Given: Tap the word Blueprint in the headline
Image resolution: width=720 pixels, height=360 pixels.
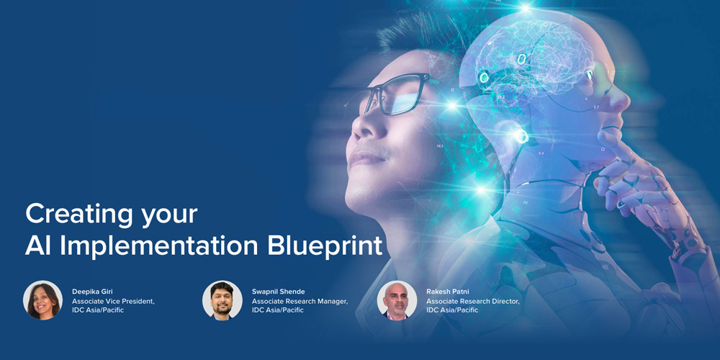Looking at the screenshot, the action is [x=325, y=246].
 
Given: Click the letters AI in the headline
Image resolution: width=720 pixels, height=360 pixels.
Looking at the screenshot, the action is [x=38, y=246].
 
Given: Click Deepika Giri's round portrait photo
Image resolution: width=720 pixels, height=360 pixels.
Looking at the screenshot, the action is [x=42, y=300].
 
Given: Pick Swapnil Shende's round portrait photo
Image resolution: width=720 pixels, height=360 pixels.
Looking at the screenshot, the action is [x=222, y=300].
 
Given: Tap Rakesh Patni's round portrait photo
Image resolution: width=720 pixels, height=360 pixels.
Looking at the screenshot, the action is [x=397, y=300].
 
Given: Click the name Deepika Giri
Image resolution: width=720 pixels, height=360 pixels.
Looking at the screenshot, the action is [x=92, y=292].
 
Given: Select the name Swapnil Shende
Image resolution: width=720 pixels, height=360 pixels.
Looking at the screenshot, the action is [x=278, y=292].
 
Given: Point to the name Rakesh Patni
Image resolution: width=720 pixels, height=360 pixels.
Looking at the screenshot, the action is [x=447, y=292].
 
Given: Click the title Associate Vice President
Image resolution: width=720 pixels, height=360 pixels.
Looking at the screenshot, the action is [x=114, y=301].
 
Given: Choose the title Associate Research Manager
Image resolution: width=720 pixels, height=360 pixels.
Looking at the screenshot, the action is [x=300, y=301].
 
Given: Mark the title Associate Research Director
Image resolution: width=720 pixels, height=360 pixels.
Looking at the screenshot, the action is [x=473, y=301].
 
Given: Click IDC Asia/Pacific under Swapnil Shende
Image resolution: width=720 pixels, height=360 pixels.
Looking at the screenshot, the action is [x=277, y=310].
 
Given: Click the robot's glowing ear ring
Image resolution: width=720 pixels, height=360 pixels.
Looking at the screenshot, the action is [x=521, y=136].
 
